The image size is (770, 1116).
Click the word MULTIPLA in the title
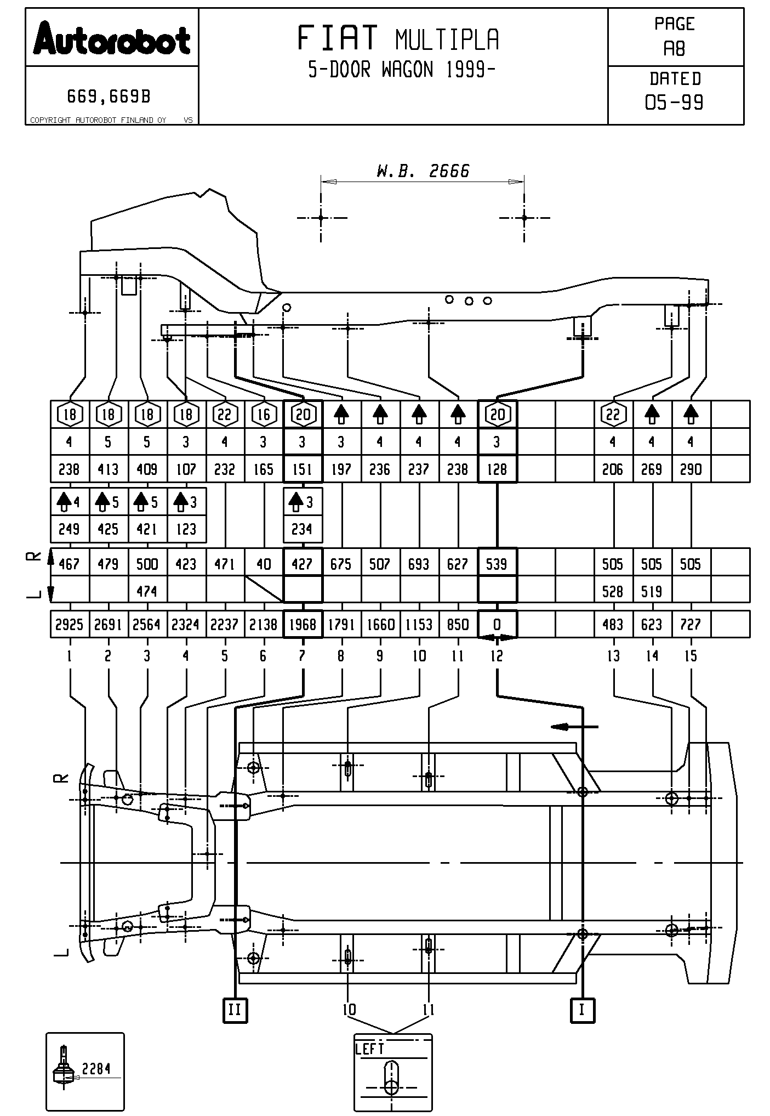447,39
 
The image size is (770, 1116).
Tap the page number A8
674,49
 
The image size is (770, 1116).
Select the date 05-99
674,103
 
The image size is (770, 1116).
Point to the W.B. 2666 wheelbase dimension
423,171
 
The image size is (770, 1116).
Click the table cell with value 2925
69,625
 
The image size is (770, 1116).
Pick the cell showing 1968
303,625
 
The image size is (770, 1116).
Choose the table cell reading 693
419,564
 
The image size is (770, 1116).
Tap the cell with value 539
497,564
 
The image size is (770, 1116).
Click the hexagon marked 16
264,415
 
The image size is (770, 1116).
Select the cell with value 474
147,591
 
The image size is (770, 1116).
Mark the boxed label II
235,1010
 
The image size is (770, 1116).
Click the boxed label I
582,1010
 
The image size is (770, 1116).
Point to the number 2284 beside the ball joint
96,1068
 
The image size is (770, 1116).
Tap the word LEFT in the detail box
370,1049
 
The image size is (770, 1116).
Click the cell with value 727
691,625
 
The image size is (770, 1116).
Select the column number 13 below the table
613,656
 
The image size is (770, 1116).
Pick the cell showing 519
652,591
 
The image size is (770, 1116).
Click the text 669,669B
109,97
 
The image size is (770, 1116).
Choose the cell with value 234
302,529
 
